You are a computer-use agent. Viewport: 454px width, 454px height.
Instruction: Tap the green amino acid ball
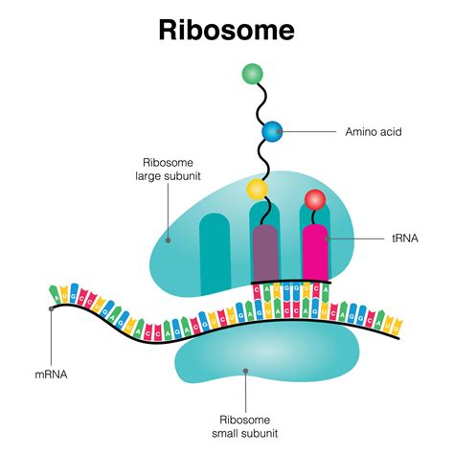click(253, 73)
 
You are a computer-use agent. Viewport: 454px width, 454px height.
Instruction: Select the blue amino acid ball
click(272, 130)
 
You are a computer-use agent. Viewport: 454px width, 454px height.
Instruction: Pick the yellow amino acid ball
click(257, 188)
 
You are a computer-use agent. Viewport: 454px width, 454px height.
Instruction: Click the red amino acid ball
click(315, 200)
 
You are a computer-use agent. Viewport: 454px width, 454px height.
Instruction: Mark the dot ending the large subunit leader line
click(169, 240)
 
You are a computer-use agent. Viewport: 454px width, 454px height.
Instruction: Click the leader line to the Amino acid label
click(311, 130)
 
